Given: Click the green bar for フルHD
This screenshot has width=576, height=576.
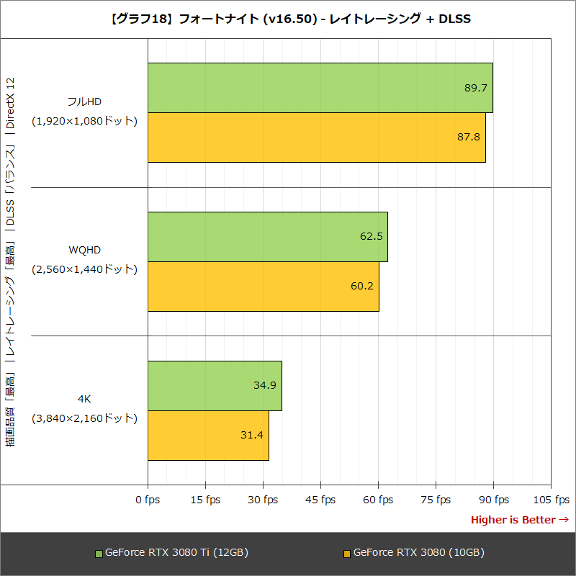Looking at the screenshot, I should click(320, 88).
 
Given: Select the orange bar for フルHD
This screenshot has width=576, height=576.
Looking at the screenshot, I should click(317, 137).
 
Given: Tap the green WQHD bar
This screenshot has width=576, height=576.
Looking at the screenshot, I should click(268, 237).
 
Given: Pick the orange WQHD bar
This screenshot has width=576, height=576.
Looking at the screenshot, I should click(264, 286).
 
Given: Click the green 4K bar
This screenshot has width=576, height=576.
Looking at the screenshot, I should click(215, 385).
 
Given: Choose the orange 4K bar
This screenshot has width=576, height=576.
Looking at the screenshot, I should click(208, 435).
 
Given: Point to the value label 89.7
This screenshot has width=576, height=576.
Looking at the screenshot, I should click(476, 88).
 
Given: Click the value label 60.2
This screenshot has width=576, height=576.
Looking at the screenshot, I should click(362, 286).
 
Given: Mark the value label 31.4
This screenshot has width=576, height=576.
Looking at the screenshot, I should click(252, 435).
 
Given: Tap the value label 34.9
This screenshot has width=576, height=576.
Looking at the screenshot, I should click(265, 385).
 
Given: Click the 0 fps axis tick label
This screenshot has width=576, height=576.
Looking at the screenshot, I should click(148, 500).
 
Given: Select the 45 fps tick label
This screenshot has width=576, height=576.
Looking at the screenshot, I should click(320, 500).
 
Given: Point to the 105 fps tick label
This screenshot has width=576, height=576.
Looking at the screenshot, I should click(551, 500).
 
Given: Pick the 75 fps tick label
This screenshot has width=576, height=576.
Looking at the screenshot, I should click(436, 500).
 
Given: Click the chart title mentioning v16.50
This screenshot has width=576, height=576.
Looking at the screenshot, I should click(288, 19).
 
